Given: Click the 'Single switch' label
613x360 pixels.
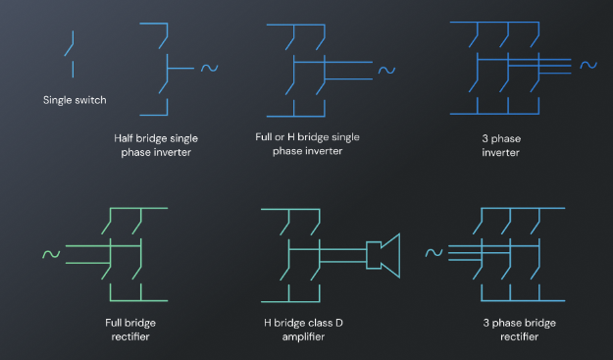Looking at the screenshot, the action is pos(75,100).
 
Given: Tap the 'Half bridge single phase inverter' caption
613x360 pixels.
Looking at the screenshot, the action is pos(156,145).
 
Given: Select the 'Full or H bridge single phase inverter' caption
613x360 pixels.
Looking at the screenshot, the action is pos(307,144).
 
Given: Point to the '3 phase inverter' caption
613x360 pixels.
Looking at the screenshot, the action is pos(501,145).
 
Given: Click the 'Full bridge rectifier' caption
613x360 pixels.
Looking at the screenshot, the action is pos(130,330).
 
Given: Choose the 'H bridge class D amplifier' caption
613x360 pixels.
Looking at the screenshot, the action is pos(303,330).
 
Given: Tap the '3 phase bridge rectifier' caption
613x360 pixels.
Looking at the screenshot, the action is pos(519,330).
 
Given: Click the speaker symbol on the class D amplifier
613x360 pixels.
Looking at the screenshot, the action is pos(383,256).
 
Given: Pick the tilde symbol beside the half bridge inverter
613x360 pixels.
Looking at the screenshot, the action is pos(210,68).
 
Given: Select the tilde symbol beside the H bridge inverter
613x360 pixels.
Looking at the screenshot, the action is pos(386,70).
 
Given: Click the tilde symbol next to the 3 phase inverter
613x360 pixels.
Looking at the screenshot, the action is pos(588,65).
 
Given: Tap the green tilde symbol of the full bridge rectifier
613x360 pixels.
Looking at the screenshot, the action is pos(51,254).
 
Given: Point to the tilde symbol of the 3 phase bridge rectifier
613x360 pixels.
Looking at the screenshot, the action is pos(434,253).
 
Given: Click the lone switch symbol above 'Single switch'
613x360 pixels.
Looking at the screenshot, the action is pos(70,54).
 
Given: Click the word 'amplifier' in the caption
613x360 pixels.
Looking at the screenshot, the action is pos(303,336).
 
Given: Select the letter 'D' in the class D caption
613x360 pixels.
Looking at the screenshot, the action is pos(339,323).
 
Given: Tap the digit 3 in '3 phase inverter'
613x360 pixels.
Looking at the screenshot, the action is pos(485,138).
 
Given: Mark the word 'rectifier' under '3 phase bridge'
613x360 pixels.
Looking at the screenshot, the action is pos(519,336).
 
